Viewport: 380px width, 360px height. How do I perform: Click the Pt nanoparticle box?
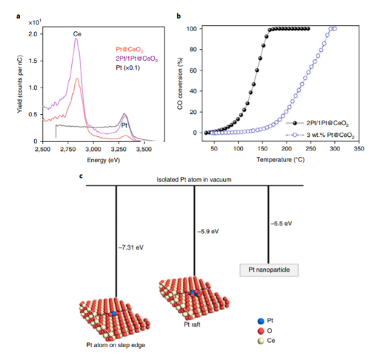point(268,270)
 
